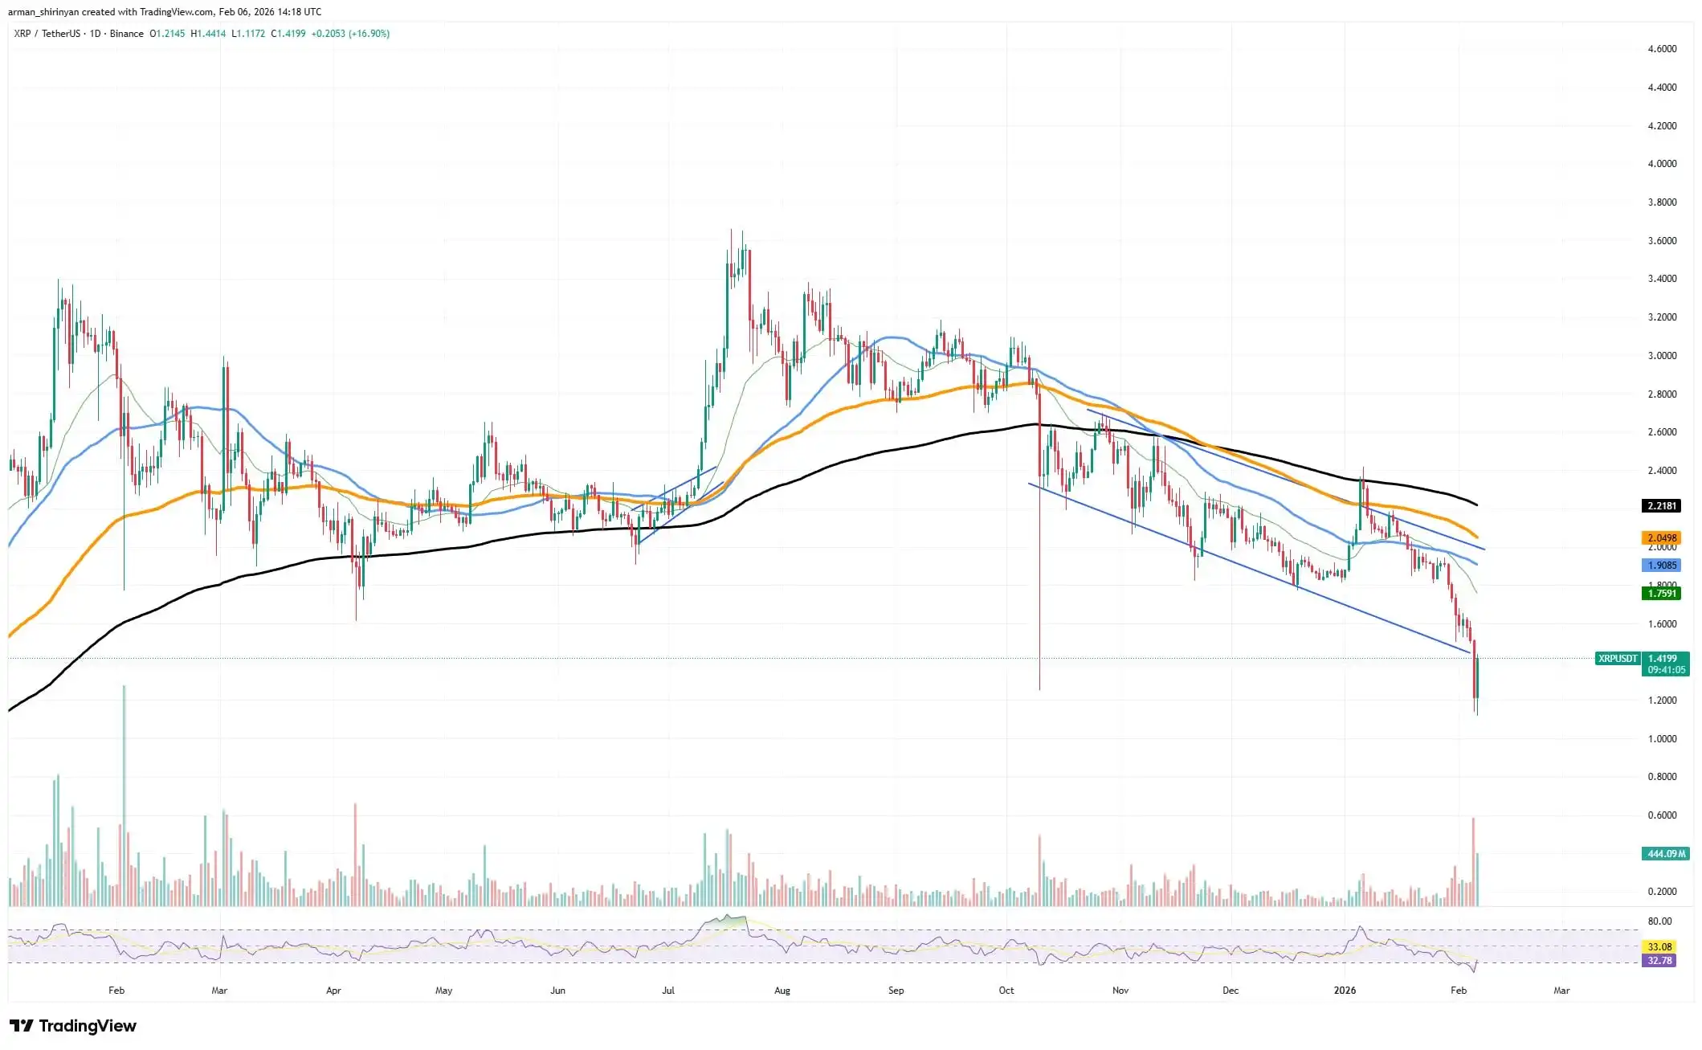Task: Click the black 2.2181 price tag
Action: coord(1661,505)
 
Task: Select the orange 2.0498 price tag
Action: coord(1661,537)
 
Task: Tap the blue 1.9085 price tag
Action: coord(1661,566)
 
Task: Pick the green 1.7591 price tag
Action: coord(1661,594)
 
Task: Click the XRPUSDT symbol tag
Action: coord(1617,659)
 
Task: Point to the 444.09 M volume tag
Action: coord(1666,853)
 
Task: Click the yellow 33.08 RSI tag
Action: coord(1659,946)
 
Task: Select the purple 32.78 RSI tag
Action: coord(1659,960)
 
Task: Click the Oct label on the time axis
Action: coord(1006,991)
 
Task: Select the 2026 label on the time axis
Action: coord(1345,991)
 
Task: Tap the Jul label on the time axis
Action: coord(667,991)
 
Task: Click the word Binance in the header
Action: coord(127,34)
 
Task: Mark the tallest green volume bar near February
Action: coord(124,795)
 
